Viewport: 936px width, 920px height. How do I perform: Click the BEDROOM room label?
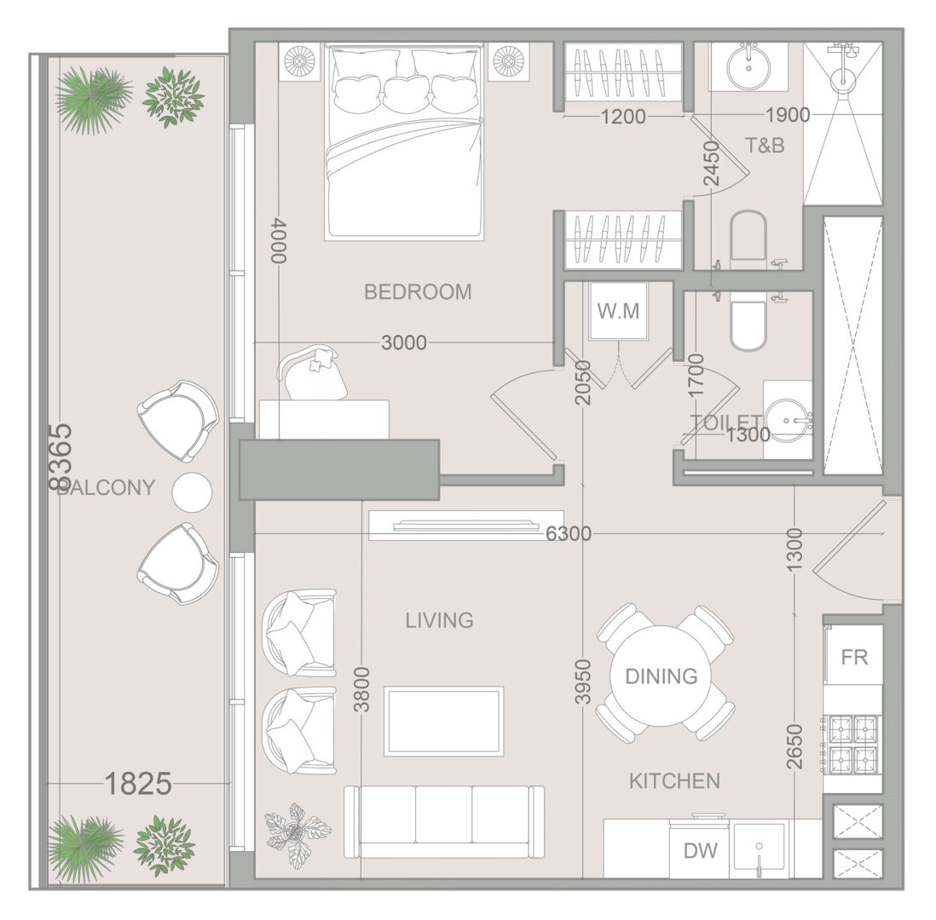point(418,291)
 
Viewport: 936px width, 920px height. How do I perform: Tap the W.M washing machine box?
point(618,311)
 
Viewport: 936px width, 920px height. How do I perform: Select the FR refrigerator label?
point(853,658)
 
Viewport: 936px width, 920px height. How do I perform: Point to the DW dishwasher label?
point(701,850)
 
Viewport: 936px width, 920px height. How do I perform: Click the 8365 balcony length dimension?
point(61,457)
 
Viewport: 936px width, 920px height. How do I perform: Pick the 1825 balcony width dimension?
point(138,784)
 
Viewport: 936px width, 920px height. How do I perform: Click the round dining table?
point(662,676)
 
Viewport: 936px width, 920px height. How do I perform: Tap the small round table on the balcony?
point(192,492)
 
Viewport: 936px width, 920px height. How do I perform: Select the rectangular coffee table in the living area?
point(443,721)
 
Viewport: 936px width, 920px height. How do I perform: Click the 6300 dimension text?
point(569,533)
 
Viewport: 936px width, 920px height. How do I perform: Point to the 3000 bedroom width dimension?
point(403,342)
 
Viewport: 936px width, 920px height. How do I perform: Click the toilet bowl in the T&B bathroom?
point(748,236)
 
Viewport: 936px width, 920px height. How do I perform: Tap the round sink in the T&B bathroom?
point(748,66)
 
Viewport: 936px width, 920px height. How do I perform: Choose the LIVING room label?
point(439,620)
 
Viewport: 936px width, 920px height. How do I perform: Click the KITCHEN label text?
point(674,781)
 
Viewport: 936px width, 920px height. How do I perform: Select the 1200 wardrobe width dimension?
point(623,117)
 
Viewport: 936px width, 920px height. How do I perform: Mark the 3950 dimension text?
point(582,682)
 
